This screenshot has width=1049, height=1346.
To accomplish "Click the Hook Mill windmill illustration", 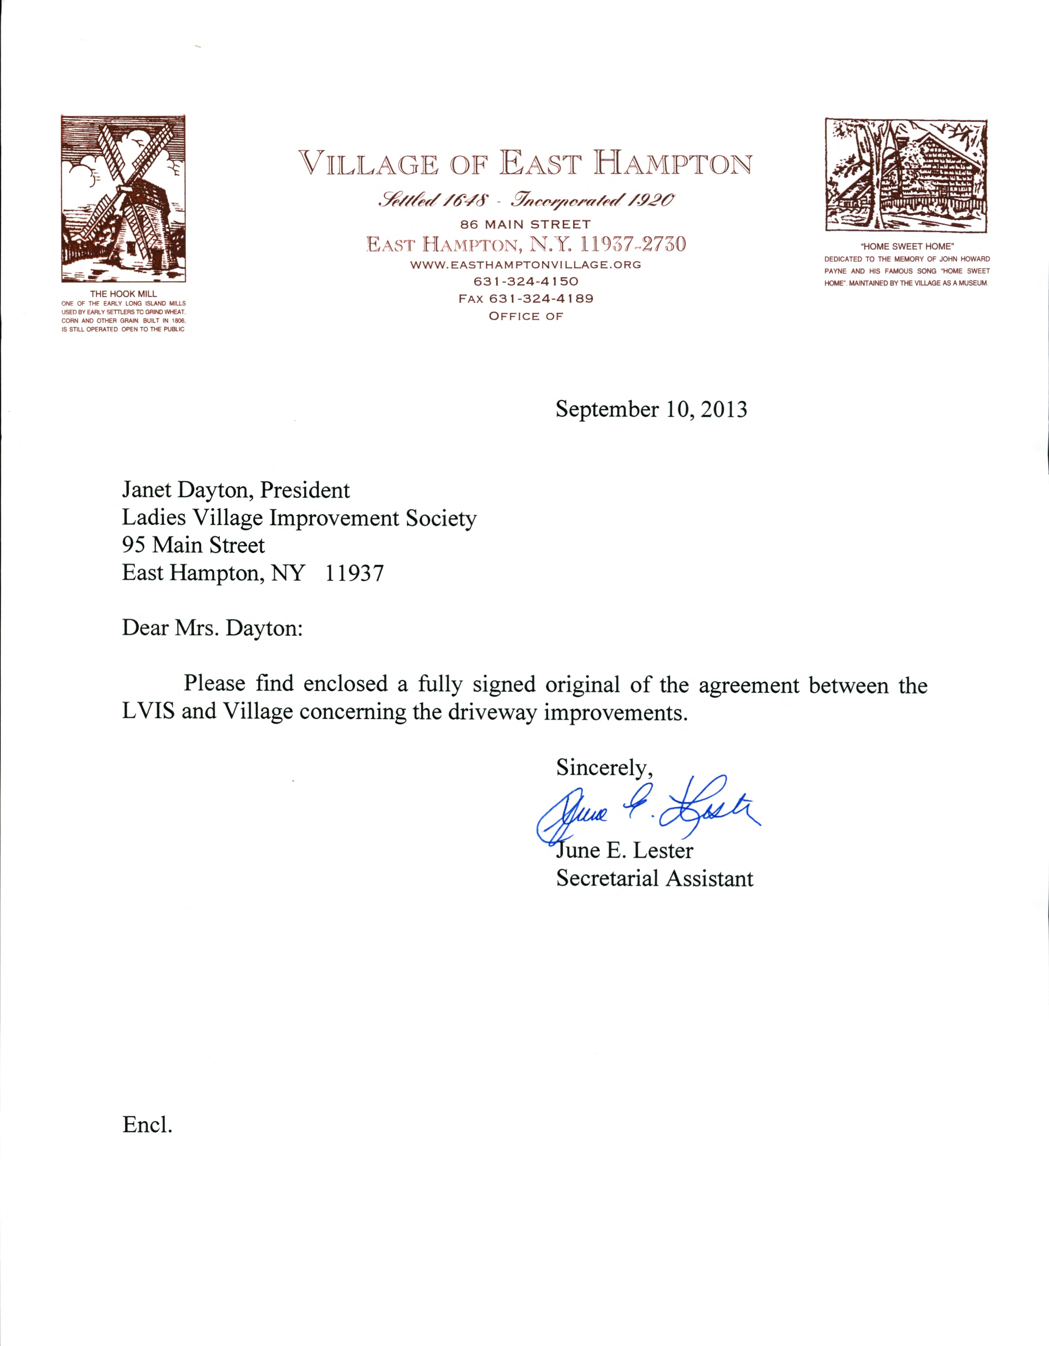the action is tap(123, 199).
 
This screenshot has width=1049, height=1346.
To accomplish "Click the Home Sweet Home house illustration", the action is tap(906, 175).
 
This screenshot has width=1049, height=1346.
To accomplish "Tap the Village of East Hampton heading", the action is tap(525, 164).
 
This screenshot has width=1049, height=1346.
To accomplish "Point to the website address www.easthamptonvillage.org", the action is tap(526, 265).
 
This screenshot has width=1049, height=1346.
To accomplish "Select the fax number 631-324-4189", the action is tap(526, 299).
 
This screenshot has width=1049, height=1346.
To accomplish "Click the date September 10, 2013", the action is tap(652, 409).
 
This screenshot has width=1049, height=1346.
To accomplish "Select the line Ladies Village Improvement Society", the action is tap(299, 518).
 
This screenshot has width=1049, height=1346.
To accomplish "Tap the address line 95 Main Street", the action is tap(194, 545).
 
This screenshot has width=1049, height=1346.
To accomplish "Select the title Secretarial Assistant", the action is tap(655, 878).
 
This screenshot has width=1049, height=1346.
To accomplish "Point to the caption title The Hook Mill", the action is tap(123, 294).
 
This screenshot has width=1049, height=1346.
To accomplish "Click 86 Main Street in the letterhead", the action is tap(526, 224).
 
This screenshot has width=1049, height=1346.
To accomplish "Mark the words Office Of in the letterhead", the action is tap(526, 316).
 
